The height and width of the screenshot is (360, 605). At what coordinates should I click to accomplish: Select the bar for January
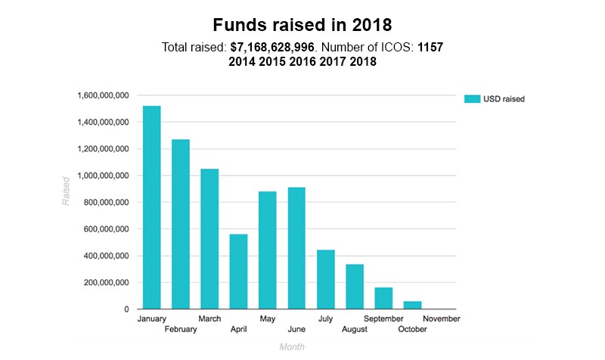151,207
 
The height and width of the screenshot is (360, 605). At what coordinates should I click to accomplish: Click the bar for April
239,272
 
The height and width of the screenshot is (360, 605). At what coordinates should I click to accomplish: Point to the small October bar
413,305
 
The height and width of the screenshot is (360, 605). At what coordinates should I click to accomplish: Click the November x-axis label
441,318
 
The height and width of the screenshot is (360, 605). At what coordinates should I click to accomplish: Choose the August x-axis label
354,329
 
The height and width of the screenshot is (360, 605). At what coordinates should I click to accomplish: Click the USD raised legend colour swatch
472,98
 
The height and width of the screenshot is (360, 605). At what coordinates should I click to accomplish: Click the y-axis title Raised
66,190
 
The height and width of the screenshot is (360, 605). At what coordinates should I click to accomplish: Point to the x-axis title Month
291,346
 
